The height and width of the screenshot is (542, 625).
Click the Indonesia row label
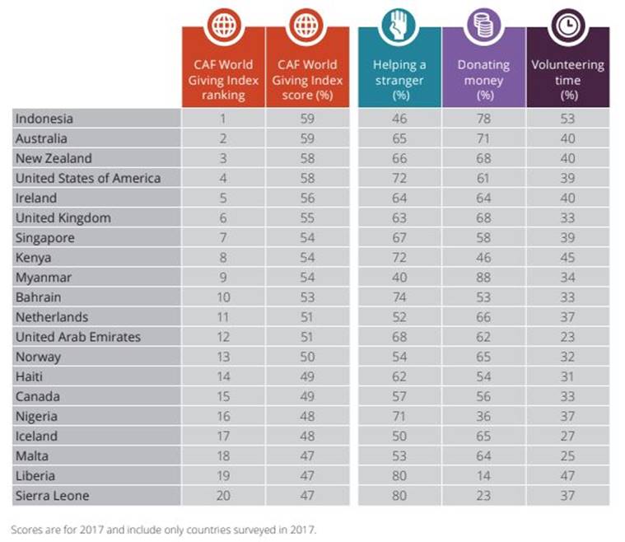pos(44,119)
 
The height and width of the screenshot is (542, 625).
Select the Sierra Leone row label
pos(52,496)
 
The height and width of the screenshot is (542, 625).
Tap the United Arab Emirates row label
pos(78,337)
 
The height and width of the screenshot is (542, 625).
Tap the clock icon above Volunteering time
pos(568,28)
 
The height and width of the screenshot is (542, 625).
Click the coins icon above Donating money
pos(483,28)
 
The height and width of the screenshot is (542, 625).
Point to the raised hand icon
pos(399,28)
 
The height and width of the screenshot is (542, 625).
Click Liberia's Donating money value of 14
pos(483,476)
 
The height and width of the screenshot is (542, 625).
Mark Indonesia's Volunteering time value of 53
pos(568,119)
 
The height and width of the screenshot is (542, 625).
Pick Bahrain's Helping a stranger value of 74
pos(399,297)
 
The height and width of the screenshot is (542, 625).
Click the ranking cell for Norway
pos(223,357)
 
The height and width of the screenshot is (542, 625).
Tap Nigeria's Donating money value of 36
pos(483,417)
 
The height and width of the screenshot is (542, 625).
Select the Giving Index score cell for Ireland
pos(307,198)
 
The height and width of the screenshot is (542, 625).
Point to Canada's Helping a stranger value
pos(399,397)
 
